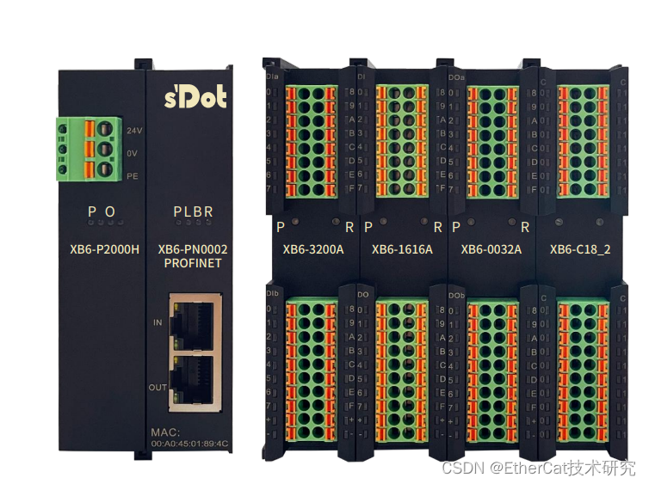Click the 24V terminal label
(133, 131)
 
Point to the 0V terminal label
(133, 153)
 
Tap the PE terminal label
(133, 175)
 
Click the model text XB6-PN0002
(192, 250)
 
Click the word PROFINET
(192, 263)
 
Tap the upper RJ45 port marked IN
(197, 324)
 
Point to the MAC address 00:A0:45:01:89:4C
(190, 444)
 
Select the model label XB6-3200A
(313, 250)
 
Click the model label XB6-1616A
(402, 250)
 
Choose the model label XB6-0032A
(491, 250)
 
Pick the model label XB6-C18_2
(580, 250)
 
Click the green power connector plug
(88, 149)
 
